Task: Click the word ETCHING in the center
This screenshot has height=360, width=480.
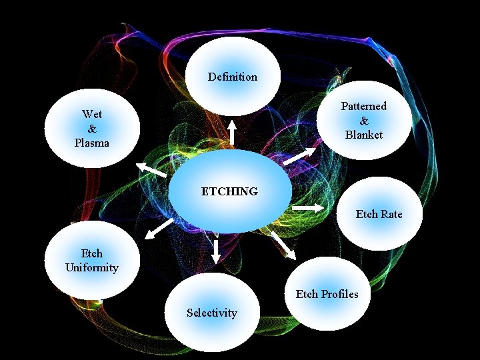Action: (x=229, y=192)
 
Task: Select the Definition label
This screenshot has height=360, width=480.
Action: (x=232, y=77)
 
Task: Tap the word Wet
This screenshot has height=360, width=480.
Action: (x=91, y=114)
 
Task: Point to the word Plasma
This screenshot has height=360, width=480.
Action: (x=92, y=143)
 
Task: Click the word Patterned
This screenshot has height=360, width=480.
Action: (x=363, y=106)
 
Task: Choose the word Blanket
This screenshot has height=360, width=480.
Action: (x=364, y=135)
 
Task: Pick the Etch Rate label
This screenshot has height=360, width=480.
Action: (x=379, y=214)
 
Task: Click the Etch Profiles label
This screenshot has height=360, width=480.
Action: (x=327, y=294)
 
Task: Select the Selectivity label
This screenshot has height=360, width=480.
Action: (x=211, y=313)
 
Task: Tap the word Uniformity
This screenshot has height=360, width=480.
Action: (x=92, y=268)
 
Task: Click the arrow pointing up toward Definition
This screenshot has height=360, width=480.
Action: (x=232, y=132)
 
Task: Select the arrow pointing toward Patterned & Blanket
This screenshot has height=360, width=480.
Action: (x=299, y=156)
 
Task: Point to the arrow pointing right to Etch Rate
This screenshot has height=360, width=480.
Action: (x=307, y=209)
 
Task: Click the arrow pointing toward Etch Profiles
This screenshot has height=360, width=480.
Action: (x=284, y=245)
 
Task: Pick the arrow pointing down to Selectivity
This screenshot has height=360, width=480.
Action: (x=216, y=251)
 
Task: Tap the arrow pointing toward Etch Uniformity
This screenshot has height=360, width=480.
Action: (x=159, y=229)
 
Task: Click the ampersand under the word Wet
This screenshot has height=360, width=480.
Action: (x=92, y=128)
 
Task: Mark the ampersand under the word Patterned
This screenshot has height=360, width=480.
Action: (x=364, y=121)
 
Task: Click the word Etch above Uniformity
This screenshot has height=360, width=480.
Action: (x=92, y=253)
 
